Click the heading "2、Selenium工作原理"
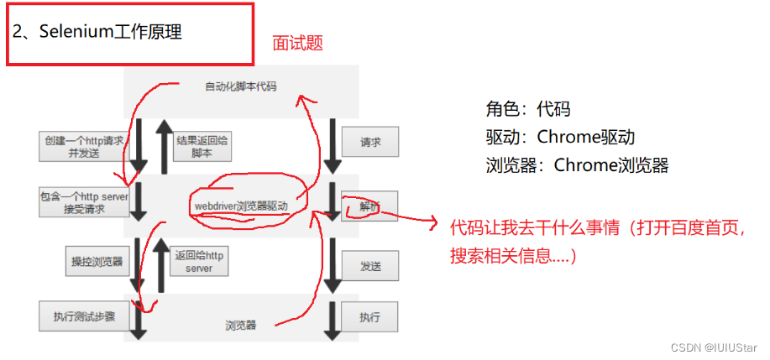[x=97, y=34]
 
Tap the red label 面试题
[x=297, y=44]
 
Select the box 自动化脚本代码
[x=240, y=86]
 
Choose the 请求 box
[x=369, y=143]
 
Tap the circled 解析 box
[x=369, y=206]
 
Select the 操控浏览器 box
[x=97, y=261]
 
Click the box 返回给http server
[x=199, y=261]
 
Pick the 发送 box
[x=369, y=266]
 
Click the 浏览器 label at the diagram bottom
[x=240, y=325]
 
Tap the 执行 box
[x=369, y=317]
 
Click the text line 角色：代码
[x=528, y=109]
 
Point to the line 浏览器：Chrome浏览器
[x=577, y=164]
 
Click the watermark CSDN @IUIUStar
[x=720, y=347]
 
